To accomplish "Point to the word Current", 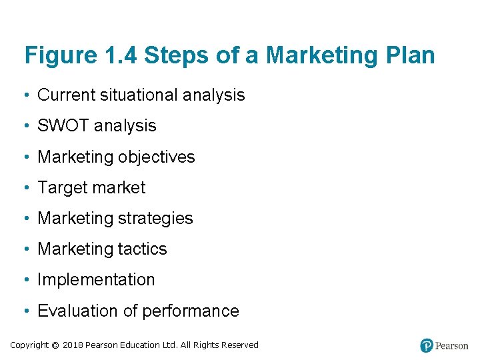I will tap(66, 95).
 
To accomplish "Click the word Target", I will tap(61, 188).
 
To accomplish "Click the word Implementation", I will tap(96, 280).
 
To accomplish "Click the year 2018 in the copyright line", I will tap(73, 345).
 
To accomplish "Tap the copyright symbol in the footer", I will tap(55, 345).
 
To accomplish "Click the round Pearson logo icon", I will tap(427, 345).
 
